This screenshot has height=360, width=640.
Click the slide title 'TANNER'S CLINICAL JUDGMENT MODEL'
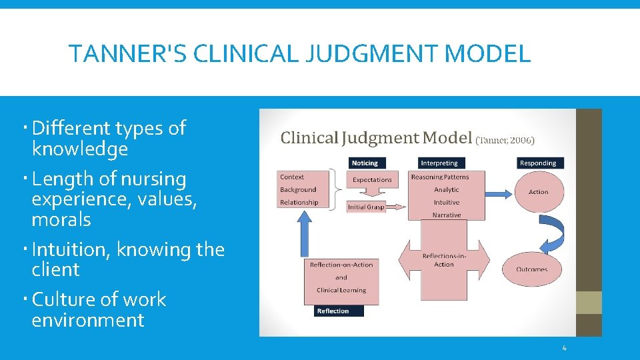point(299,53)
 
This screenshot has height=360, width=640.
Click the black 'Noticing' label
point(365,163)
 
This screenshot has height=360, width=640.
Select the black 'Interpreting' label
point(439,163)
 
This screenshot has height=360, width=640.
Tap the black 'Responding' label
point(537,163)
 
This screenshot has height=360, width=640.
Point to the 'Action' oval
point(538,192)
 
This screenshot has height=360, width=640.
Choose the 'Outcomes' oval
point(531,269)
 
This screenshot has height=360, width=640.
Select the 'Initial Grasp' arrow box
point(367,207)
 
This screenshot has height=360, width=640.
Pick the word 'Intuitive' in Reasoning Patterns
point(446,203)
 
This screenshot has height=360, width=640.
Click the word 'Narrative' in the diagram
point(446,215)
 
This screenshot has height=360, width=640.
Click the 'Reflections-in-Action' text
point(443,260)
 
